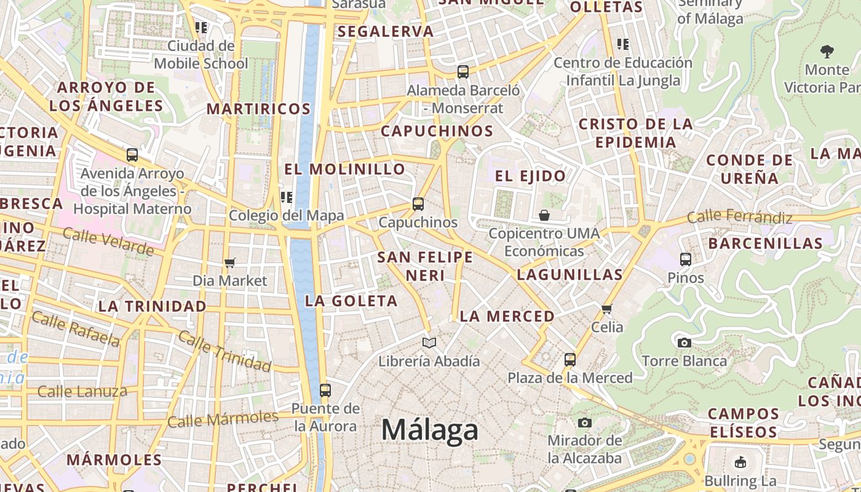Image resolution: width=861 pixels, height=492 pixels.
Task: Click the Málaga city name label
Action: (430, 429)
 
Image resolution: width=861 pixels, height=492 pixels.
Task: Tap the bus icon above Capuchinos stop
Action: (418, 204)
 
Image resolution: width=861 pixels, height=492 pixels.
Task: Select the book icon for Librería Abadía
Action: (429, 343)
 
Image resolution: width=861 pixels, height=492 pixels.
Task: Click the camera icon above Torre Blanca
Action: (684, 343)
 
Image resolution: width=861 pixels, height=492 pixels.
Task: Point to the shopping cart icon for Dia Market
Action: (230, 263)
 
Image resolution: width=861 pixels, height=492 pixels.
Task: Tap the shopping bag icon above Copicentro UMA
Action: (544, 215)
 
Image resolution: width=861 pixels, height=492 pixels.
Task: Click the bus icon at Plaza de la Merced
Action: (570, 360)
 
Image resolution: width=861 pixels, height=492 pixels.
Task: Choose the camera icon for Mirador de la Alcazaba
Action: (585, 423)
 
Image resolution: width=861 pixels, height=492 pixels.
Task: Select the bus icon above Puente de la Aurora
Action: (325, 391)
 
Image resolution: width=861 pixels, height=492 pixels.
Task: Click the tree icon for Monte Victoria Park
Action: (827, 51)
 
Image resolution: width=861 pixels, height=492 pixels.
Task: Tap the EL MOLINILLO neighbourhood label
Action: (345, 169)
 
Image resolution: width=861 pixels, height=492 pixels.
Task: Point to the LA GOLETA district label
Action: (352, 301)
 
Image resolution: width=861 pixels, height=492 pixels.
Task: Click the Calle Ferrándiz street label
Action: (740, 216)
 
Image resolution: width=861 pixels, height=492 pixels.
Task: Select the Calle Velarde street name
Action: (108, 241)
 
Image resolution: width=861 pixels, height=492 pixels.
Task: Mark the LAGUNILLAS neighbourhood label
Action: (569, 274)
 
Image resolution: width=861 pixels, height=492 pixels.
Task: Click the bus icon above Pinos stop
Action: (686, 260)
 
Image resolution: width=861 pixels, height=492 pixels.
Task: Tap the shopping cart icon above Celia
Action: (607, 309)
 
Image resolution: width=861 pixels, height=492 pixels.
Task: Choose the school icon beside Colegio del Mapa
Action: (286, 197)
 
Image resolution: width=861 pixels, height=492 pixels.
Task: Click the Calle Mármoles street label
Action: (223, 419)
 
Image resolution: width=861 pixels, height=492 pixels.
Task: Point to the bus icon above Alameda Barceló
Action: (463, 72)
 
